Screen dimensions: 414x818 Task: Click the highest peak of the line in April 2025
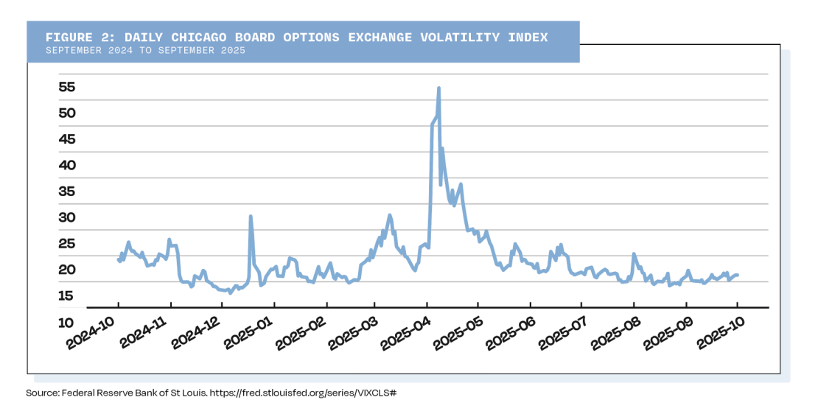pyautogui.click(x=439, y=88)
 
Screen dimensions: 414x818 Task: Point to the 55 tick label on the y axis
pyautogui.click(x=67, y=86)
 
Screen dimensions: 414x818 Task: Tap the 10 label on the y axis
pyautogui.click(x=67, y=322)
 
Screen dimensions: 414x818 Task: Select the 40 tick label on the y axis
pyautogui.click(x=67, y=165)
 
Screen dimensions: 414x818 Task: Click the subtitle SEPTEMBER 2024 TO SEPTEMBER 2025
pyautogui.click(x=144, y=51)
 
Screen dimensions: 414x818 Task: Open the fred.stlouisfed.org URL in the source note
pyautogui.click(x=303, y=393)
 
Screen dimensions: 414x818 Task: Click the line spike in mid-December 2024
pyautogui.click(x=251, y=217)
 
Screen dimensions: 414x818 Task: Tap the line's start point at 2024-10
pyautogui.click(x=118, y=259)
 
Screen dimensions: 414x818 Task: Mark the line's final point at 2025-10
pyautogui.click(x=737, y=275)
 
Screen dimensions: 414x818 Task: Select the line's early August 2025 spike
pyautogui.click(x=633, y=254)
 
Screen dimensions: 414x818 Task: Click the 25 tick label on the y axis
pyautogui.click(x=67, y=244)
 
